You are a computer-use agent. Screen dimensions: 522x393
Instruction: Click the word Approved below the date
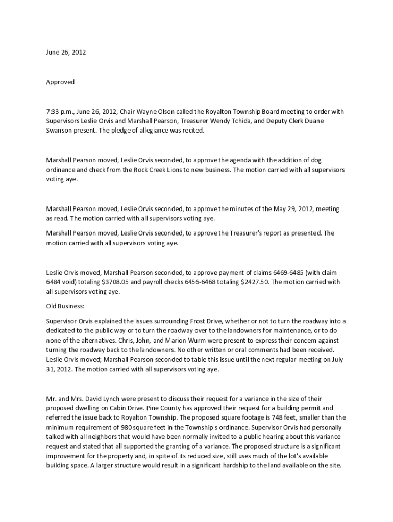click(x=60, y=82)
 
